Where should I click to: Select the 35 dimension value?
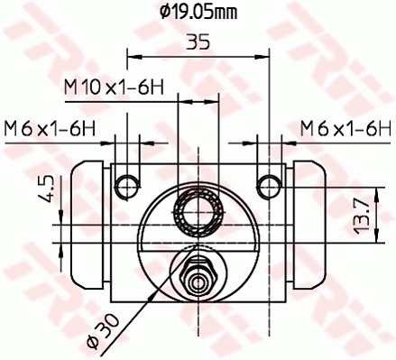click(x=199, y=42)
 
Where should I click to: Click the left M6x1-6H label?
click(x=50, y=127)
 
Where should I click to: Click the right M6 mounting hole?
click(x=268, y=185)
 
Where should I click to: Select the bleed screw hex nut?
click(x=198, y=275)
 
